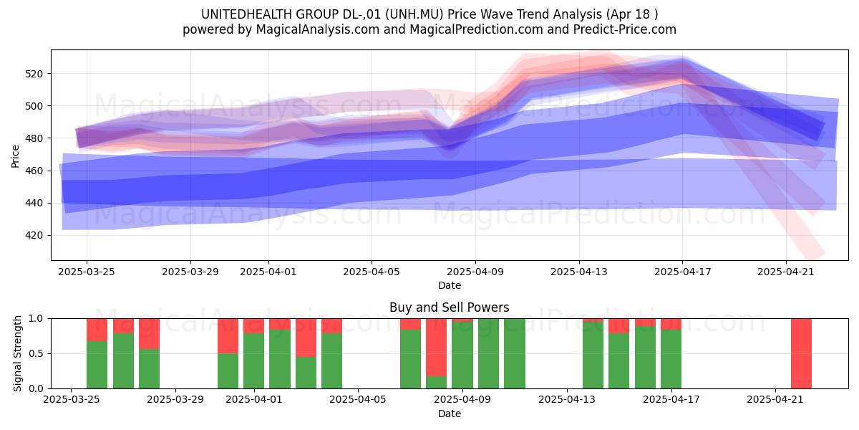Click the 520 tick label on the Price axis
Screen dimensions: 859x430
pyautogui.click(x=34, y=74)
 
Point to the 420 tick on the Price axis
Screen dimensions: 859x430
pyautogui.click(x=34, y=235)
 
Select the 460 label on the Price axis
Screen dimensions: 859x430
pyautogui.click(x=34, y=171)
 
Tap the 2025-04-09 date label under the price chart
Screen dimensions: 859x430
pyautogui.click(x=475, y=272)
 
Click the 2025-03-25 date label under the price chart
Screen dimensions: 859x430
pyautogui.click(x=87, y=272)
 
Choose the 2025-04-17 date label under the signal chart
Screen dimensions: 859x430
pyautogui.click(x=671, y=400)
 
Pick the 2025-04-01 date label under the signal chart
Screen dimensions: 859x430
pyautogui.click(x=254, y=400)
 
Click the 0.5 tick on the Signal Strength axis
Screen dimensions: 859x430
pyautogui.click(x=36, y=353)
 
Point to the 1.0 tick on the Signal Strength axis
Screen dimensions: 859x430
pyautogui.click(x=36, y=319)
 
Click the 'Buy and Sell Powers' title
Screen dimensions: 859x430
pyautogui.click(x=450, y=307)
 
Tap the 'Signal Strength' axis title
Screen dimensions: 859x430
pyautogui.click(x=17, y=353)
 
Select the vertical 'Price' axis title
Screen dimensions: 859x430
pyautogui.click(x=15, y=157)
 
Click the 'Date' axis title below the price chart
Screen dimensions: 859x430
pyautogui.click(x=450, y=286)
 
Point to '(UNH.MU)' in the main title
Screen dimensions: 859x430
pyautogui.click(x=414, y=14)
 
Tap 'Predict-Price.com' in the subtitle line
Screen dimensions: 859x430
pyautogui.click(x=625, y=30)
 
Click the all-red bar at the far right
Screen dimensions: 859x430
pyautogui.click(x=801, y=353)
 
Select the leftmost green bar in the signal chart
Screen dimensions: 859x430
pyautogui.click(x=97, y=365)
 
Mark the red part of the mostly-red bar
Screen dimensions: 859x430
pyautogui.click(x=437, y=348)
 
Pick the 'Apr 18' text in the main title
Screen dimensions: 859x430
pyautogui.click(x=630, y=14)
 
